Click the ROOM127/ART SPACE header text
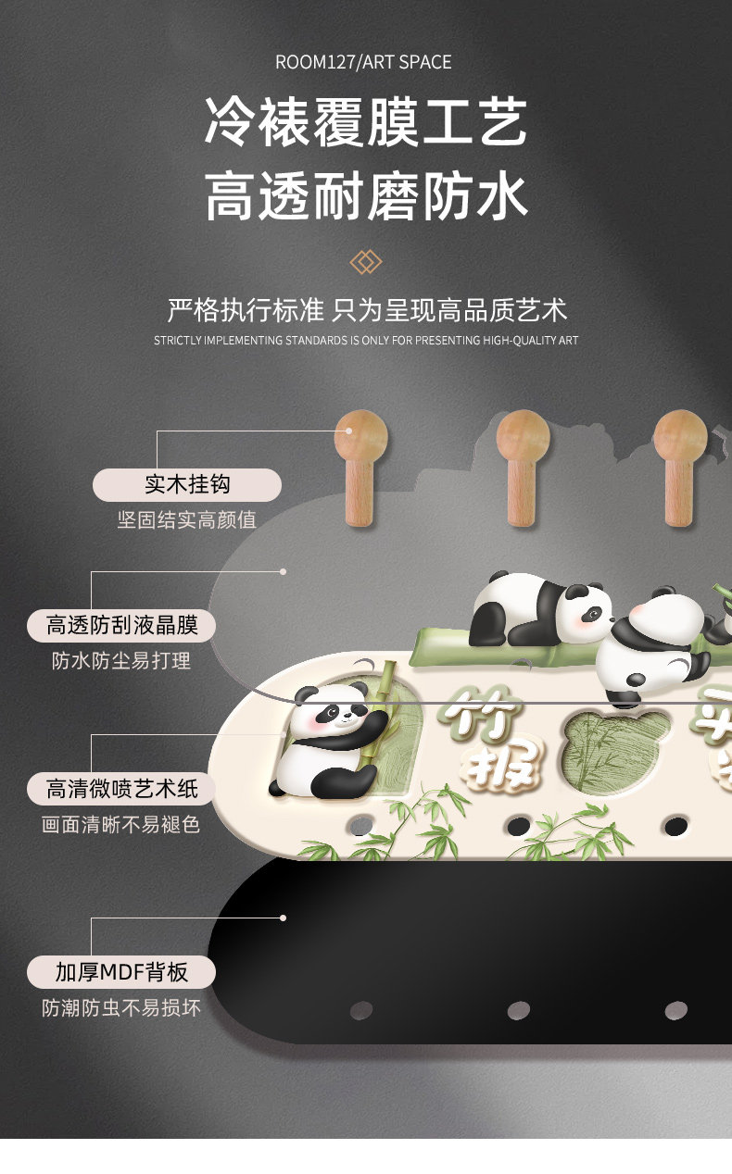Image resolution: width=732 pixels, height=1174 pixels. pyautogui.click(x=363, y=62)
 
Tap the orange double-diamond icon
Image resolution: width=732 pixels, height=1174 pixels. pyautogui.click(x=366, y=262)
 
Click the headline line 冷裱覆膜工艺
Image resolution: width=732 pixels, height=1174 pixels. pyautogui.click(x=366, y=122)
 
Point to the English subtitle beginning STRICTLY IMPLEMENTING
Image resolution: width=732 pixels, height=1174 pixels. pyautogui.click(x=366, y=341)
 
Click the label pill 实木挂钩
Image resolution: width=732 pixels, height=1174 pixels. pyautogui.click(x=186, y=484)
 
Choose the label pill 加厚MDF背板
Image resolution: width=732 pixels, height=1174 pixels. pyautogui.click(x=121, y=972)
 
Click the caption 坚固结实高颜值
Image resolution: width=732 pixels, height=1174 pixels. pyautogui.click(x=186, y=519)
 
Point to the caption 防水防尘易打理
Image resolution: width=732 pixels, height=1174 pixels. pyautogui.click(x=121, y=660)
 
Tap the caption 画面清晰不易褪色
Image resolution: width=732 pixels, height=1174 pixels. pyautogui.click(x=120, y=824)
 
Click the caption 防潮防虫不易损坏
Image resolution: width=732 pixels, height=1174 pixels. pyautogui.click(x=121, y=1007)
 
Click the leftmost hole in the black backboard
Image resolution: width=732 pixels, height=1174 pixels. pyautogui.click(x=361, y=1009)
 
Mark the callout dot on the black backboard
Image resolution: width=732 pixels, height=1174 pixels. pyautogui.click(x=283, y=918)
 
